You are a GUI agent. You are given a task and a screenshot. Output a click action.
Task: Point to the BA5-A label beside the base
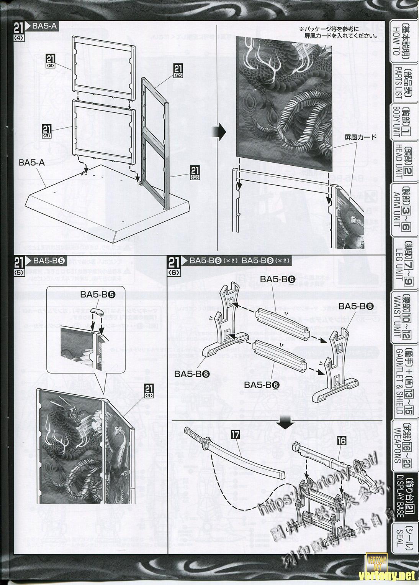[32, 163]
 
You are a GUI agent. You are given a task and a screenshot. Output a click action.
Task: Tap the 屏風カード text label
[360, 137]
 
